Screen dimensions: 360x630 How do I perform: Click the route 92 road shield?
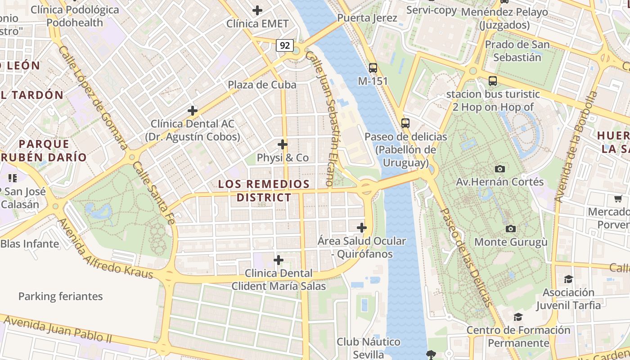click(285, 45)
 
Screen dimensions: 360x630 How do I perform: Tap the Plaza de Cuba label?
click(262, 85)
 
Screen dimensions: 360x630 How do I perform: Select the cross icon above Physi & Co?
click(283, 144)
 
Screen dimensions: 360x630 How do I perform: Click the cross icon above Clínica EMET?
click(257, 10)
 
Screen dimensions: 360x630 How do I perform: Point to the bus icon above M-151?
click(373, 68)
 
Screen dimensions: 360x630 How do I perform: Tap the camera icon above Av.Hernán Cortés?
click(499, 169)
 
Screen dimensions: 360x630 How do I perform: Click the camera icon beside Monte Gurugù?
click(510, 229)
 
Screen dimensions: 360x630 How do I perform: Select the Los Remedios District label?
click(264, 190)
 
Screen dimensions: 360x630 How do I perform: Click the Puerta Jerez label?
click(367, 18)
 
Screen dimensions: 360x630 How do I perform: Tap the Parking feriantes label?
click(60, 297)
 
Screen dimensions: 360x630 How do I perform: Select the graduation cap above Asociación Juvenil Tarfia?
click(568, 279)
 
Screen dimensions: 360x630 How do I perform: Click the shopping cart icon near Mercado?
click(618, 198)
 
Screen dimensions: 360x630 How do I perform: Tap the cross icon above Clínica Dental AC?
click(193, 110)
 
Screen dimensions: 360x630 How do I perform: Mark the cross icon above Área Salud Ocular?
click(361, 228)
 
